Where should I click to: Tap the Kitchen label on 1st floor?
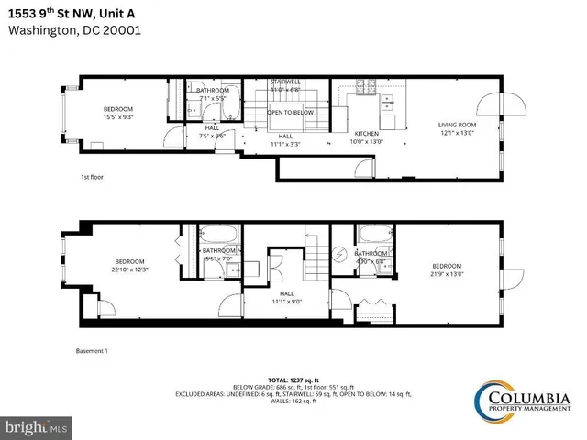pos(367,137)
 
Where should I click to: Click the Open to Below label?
pos(290,113)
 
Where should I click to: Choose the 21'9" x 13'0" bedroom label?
pos(448,269)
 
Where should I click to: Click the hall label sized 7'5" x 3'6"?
pos(212,132)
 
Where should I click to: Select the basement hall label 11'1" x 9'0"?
pos(286,297)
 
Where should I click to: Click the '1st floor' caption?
pos(91,177)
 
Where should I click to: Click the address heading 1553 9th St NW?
pos(73,11)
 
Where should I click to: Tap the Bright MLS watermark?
pos(37,427)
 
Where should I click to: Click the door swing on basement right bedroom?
pos(512,279)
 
